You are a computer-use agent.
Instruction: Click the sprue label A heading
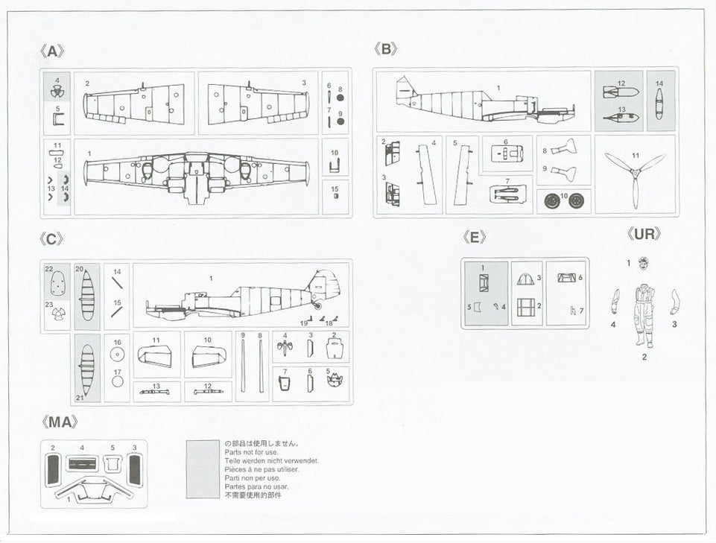(51, 51)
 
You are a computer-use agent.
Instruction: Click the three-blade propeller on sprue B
(634, 177)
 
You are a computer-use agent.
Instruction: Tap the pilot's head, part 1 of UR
(643, 263)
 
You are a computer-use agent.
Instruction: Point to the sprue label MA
(59, 422)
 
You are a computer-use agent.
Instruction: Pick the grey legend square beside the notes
(203, 469)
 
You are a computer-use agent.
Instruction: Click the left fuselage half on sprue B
(484, 103)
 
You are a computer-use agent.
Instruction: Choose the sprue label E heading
(474, 237)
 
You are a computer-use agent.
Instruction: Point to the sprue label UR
(644, 234)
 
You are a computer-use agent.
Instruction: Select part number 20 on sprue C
(86, 296)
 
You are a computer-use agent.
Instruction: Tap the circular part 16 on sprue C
(117, 354)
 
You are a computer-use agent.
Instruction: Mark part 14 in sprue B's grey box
(659, 104)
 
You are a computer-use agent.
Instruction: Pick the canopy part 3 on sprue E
(525, 279)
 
